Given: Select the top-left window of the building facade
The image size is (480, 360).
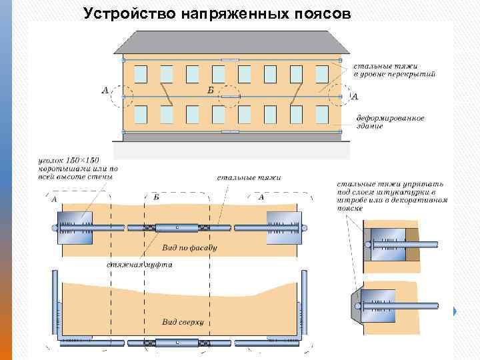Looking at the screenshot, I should click(x=141, y=74).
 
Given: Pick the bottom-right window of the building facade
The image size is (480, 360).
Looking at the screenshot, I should click(x=322, y=114).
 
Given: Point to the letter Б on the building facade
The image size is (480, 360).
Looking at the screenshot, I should click(x=211, y=89).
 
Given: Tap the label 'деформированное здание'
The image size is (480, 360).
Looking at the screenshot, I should click(x=389, y=121).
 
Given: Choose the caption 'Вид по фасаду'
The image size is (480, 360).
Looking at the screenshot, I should click(x=190, y=247).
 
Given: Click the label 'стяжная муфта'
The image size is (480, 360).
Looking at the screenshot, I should click(x=140, y=265).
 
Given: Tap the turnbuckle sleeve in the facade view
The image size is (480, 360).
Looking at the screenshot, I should click(x=177, y=227).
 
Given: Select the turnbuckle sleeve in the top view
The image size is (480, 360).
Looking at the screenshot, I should click(x=177, y=344).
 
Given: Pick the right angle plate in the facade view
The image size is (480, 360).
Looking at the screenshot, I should click(x=283, y=227).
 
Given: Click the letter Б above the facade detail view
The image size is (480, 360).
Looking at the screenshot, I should click(x=156, y=197).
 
